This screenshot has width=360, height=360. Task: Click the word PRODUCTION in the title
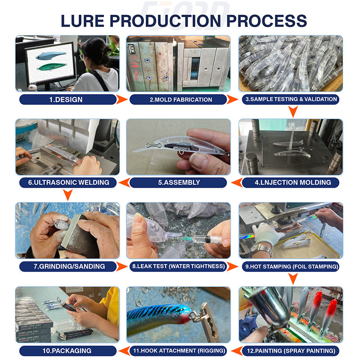tap(165, 21)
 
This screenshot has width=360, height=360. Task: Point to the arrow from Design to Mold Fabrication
tap(121, 99)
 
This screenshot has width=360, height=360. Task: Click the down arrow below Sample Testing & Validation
tap(293, 112)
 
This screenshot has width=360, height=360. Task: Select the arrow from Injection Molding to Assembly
tap(237, 183)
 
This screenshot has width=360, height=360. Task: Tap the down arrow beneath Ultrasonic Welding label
tap(68, 195)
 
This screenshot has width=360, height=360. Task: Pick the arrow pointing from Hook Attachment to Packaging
tap(124, 351)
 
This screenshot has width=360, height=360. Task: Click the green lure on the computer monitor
tap(52, 67)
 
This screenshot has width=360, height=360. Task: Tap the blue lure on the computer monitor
tap(51, 55)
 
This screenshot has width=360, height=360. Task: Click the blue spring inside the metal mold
tap(194, 69)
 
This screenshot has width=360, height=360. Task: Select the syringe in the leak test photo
tap(202, 240)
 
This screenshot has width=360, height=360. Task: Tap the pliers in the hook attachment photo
tap(209, 321)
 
